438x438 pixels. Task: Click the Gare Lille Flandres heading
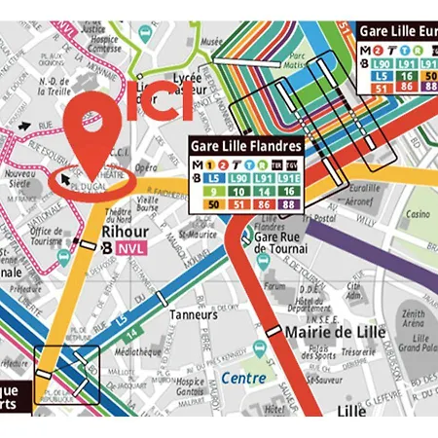[x=245, y=147]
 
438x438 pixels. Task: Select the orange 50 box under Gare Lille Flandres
[x=212, y=205]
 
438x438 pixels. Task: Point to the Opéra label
[x=145, y=166]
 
